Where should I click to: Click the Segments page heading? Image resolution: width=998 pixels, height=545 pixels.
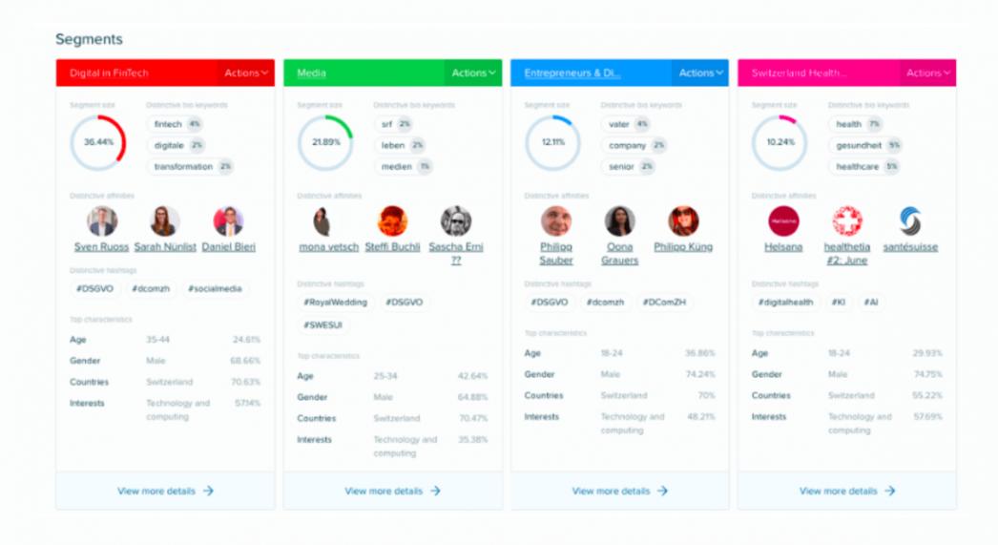point(89,39)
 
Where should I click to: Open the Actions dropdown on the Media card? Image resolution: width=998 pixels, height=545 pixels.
point(474,73)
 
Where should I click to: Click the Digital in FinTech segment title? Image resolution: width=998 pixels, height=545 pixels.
point(109,73)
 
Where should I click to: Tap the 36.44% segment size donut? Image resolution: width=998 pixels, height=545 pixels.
point(98,142)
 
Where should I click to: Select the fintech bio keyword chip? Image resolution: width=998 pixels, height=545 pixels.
point(168,124)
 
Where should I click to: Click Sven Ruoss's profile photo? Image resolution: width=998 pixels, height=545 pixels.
point(101,221)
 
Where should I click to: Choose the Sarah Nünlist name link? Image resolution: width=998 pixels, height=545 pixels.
point(164,247)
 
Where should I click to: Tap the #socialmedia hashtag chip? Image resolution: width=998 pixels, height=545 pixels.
point(215,288)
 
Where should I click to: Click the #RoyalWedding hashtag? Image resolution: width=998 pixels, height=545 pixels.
point(335,303)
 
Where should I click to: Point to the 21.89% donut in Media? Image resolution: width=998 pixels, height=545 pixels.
point(325,142)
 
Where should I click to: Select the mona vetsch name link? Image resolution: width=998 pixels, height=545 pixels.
point(328,247)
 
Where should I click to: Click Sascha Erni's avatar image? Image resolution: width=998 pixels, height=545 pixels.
point(456,221)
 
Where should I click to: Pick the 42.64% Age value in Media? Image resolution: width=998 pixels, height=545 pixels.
point(472,376)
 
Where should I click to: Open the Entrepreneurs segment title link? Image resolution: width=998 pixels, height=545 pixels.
point(572,73)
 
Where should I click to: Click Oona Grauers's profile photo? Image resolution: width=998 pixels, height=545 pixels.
point(619,221)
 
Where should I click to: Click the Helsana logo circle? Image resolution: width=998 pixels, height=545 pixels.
point(783,221)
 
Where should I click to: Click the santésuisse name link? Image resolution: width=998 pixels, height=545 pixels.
point(909,247)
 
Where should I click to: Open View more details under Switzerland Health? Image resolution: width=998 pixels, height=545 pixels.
point(846,491)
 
